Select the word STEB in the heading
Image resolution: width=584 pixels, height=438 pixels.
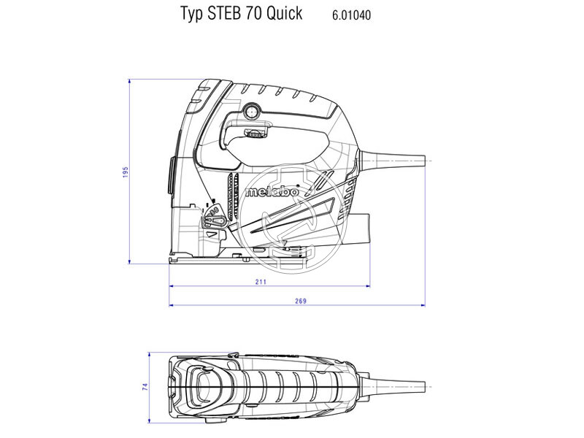224,14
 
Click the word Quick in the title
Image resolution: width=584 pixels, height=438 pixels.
284,14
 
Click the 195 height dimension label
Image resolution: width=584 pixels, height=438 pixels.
126,170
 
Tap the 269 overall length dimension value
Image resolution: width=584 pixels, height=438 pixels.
300,301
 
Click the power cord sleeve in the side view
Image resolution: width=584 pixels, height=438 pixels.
398,158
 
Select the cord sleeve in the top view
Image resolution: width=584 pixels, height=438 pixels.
398,385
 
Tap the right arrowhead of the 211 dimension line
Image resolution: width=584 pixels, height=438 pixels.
369,286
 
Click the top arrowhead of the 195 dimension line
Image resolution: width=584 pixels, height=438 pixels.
130,80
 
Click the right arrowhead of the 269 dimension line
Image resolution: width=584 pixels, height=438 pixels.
426,306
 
